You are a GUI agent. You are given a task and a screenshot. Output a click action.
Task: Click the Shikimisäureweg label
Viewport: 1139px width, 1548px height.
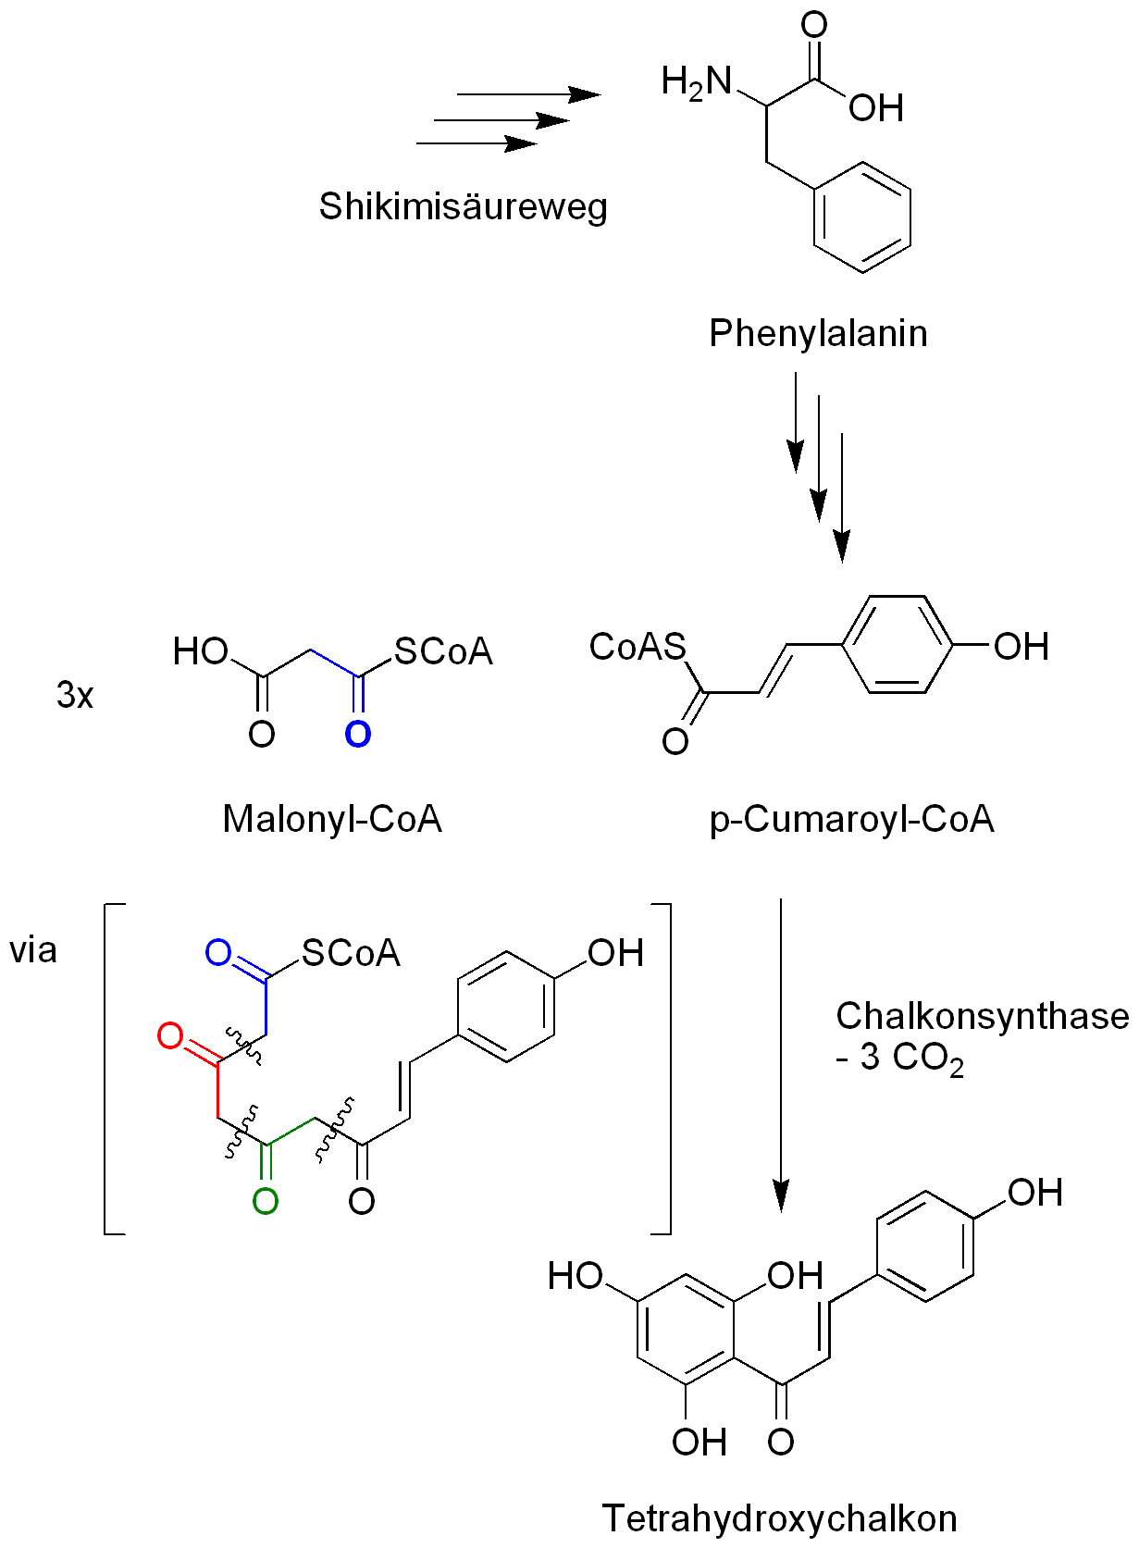click(463, 206)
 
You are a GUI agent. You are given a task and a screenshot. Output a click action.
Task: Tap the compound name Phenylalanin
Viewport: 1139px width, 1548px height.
click(818, 333)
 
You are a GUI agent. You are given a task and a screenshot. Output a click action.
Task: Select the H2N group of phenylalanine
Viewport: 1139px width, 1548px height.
click(696, 83)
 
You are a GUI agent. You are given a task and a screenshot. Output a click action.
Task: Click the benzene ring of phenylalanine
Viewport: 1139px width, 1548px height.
click(861, 218)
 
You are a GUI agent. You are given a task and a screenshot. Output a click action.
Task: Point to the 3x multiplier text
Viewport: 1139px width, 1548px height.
click(75, 695)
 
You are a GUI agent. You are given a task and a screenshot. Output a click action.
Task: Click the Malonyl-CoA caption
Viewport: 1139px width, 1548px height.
click(332, 819)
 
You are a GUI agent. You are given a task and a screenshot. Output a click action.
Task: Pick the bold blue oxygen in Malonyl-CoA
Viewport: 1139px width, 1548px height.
click(357, 735)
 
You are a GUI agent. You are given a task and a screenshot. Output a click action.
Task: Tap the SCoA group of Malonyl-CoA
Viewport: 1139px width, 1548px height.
click(443, 652)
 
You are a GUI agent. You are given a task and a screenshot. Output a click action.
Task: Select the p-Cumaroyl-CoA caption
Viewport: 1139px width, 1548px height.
click(851, 819)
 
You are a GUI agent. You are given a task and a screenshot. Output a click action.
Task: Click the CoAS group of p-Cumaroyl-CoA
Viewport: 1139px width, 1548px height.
click(638, 647)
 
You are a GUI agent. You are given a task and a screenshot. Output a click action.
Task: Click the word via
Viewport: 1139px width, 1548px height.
click(33, 950)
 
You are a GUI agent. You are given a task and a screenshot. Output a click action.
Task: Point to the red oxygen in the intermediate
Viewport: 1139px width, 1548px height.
click(170, 1036)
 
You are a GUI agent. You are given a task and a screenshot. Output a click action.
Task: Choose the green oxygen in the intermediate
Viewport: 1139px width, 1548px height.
click(266, 1201)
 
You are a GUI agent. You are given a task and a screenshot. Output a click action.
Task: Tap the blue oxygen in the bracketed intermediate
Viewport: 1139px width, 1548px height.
click(218, 953)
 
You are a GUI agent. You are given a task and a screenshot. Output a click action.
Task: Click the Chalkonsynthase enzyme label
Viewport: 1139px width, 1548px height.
click(982, 1016)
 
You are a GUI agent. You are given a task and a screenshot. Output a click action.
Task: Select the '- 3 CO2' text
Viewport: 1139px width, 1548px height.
click(899, 1058)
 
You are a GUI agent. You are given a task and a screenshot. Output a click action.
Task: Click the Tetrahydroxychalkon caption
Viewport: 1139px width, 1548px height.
click(779, 1518)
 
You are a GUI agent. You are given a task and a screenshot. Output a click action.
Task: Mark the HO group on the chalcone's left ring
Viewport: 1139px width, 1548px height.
click(575, 1277)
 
